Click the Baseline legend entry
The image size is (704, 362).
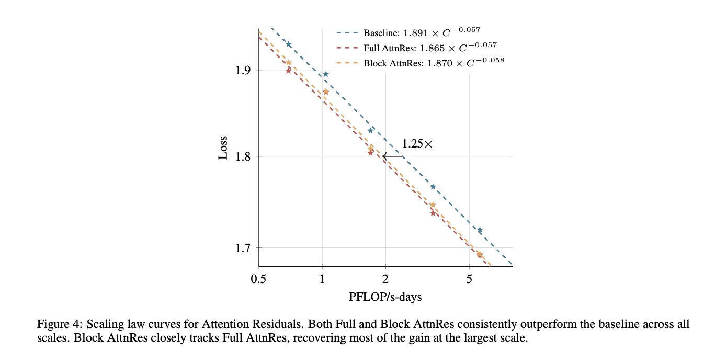click(408, 32)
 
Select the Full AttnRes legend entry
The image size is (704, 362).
click(417, 47)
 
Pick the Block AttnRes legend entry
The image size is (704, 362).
click(420, 62)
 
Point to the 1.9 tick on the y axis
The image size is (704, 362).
click(243, 70)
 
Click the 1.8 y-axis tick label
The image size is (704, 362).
click(243, 156)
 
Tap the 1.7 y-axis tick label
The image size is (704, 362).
click(243, 248)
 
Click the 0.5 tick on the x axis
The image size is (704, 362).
click(258, 279)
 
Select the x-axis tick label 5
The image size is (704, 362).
click(469, 279)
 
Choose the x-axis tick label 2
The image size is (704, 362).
click(385, 279)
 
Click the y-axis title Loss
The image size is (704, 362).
click(223, 148)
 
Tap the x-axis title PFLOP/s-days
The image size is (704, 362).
click(385, 297)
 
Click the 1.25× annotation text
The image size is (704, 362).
click(417, 144)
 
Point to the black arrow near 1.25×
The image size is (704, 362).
click(393, 156)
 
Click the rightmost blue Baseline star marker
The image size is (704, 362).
click(480, 230)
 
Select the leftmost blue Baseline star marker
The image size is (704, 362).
click(289, 44)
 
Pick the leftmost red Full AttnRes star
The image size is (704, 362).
click(289, 71)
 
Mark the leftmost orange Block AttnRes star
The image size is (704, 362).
click(289, 63)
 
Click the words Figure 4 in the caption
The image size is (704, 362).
click(60, 324)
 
